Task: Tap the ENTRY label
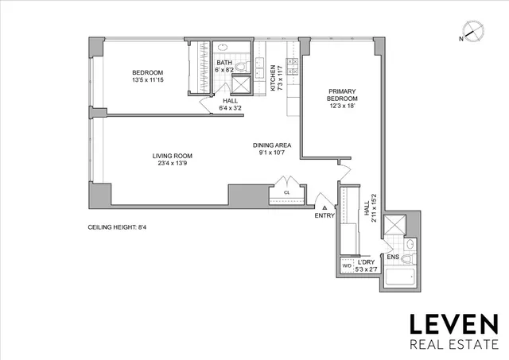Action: click(325, 215)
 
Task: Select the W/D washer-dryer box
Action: click(347, 265)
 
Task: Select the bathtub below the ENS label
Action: click(399, 279)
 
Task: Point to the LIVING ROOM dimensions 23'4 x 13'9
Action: click(173, 163)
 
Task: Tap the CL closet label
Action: click(286, 192)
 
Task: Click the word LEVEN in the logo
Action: click(453, 324)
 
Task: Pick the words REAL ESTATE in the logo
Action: click(453, 344)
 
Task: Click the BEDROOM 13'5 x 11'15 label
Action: click(147, 76)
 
